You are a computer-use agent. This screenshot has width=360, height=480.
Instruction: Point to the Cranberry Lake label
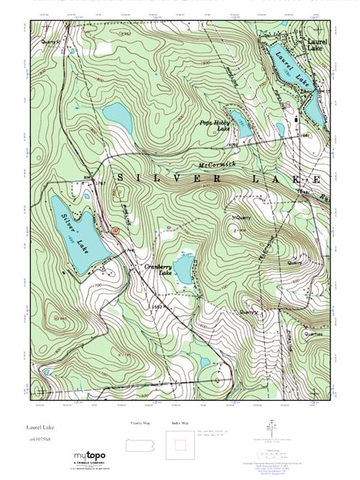(x=158, y=270)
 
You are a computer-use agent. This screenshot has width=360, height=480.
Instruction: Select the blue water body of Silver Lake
(x=72, y=230)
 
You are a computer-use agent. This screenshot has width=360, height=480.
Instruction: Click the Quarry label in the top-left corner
(x=50, y=42)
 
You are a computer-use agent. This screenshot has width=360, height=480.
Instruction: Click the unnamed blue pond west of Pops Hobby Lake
(x=114, y=114)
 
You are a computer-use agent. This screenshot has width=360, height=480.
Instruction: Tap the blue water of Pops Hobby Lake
(x=240, y=127)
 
